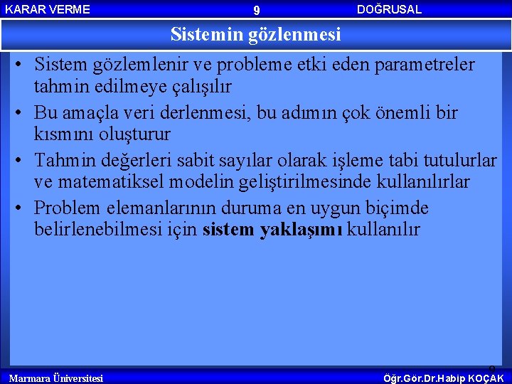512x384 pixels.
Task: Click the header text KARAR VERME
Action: tap(48, 9)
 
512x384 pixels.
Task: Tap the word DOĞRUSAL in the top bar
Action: tap(389, 9)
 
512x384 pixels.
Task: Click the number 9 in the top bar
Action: tap(257, 10)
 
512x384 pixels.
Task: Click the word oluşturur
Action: tap(132, 134)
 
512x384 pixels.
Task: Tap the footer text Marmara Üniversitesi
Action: tap(55, 378)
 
